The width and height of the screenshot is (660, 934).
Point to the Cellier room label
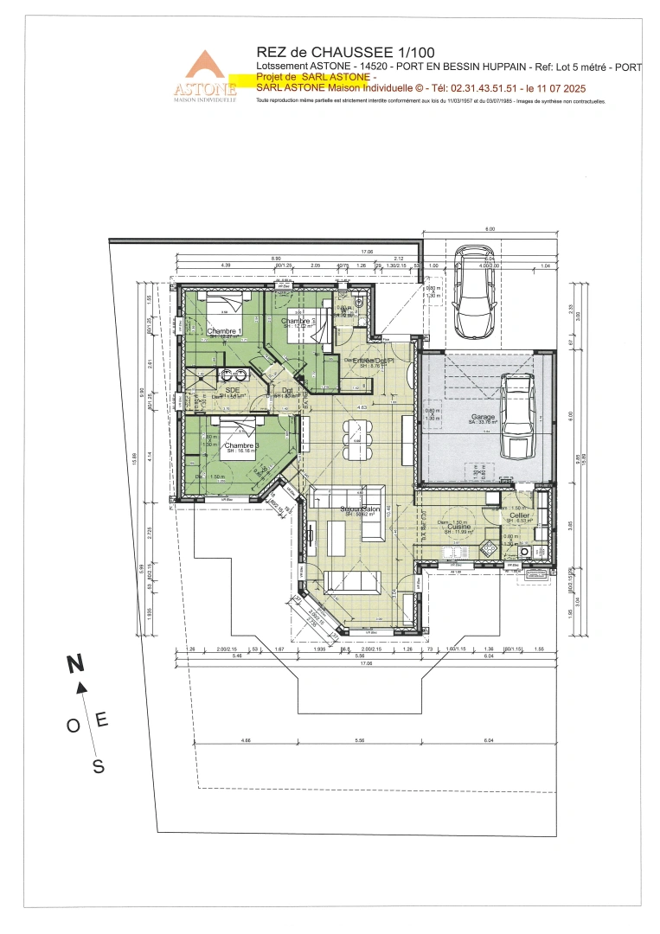tap(519, 516)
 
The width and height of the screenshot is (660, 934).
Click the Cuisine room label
tap(459, 527)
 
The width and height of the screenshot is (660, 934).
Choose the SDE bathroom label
tap(232, 390)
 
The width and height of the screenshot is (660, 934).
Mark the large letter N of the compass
tap(76, 664)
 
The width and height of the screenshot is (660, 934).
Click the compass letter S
tap(99, 765)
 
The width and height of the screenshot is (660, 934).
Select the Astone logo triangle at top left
tap(205, 67)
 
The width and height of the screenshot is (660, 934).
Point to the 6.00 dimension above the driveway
tap(489, 229)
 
